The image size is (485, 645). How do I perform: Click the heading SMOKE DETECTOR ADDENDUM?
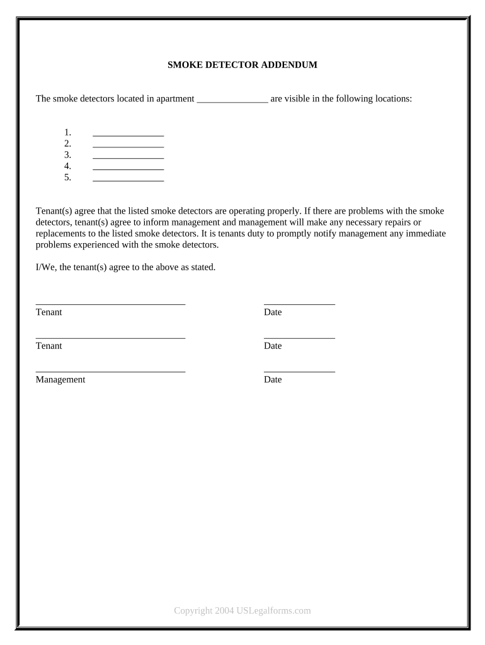pyautogui.click(x=242, y=65)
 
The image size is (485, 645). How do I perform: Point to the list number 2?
pyautogui.click(x=67, y=144)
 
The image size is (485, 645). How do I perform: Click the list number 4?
pyautogui.click(x=67, y=166)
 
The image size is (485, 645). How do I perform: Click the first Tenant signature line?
pyautogui.click(x=110, y=304)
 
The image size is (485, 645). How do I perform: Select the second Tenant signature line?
pyautogui.click(x=110, y=337)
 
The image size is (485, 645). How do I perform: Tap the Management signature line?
pyautogui.click(x=110, y=371)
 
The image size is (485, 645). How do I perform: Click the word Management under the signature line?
pyautogui.click(x=60, y=380)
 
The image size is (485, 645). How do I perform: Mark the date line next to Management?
pyautogui.click(x=299, y=371)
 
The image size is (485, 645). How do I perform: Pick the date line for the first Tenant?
pyautogui.click(x=299, y=304)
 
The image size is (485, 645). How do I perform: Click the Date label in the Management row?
pyautogui.click(x=273, y=380)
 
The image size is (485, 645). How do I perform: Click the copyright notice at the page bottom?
pyautogui.click(x=243, y=610)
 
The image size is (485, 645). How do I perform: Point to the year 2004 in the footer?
pyautogui.click(x=224, y=610)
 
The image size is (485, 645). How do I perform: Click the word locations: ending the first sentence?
pyautogui.click(x=393, y=99)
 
